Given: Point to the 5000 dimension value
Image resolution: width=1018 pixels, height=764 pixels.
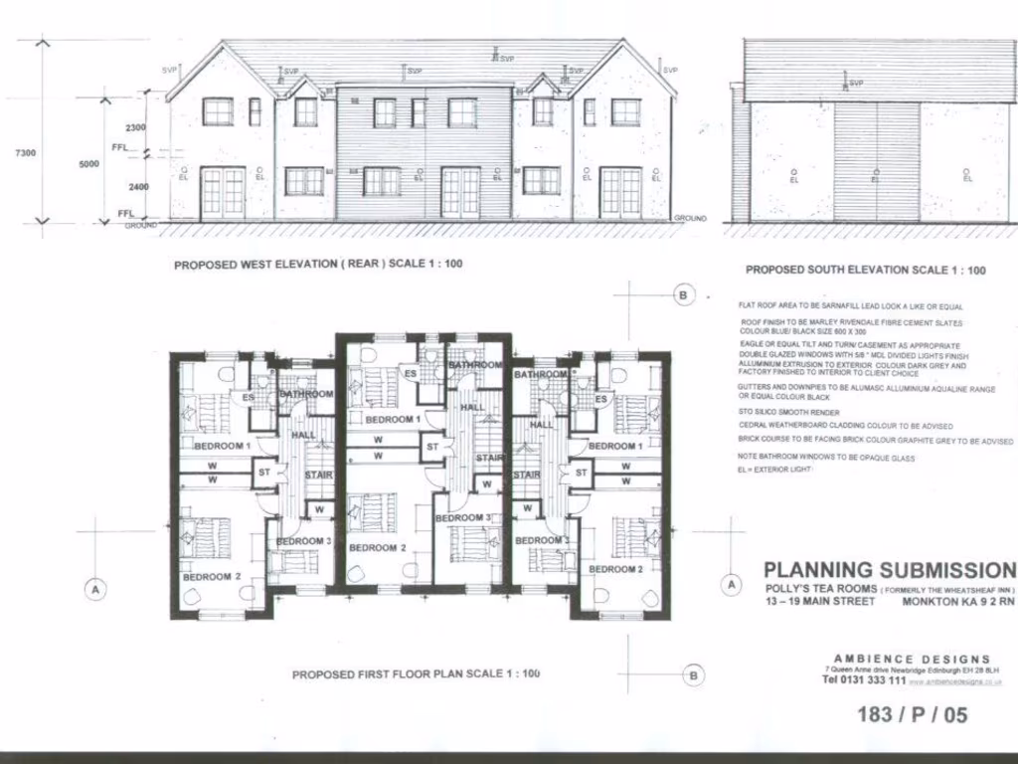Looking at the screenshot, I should (x=90, y=165).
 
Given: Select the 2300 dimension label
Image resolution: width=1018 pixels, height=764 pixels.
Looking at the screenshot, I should (x=136, y=127).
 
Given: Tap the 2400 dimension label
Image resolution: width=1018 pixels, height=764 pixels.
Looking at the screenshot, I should (x=137, y=187).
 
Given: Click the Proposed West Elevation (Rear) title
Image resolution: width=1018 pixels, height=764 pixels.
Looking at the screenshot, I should (x=317, y=265).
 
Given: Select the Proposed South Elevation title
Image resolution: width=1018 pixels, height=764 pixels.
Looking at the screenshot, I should (x=865, y=270).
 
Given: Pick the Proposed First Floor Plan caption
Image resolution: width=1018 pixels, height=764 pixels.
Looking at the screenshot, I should (x=416, y=673).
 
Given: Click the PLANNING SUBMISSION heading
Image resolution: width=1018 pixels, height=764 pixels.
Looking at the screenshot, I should (x=889, y=570).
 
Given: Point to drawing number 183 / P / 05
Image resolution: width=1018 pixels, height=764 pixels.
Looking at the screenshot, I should (x=911, y=714).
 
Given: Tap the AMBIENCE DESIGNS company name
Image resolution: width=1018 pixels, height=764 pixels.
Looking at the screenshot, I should (x=911, y=659).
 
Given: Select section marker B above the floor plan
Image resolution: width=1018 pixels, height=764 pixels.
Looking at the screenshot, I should (x=682, y=295).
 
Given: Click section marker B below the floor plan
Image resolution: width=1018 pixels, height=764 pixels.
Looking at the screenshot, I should (x=694, y=675).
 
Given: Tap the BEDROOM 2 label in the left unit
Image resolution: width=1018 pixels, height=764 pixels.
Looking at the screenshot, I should (x=211, y=576).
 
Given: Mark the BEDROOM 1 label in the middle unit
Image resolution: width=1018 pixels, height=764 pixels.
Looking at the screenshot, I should (x=393, y=420).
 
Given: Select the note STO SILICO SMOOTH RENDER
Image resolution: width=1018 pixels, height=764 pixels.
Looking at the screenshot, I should (x=788, y=412).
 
